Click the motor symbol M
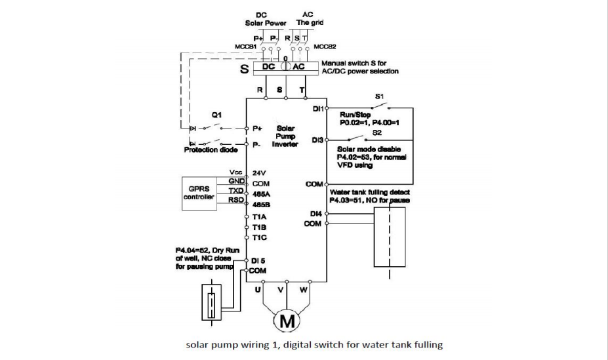[x=285, y=321]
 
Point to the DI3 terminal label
[x=317, y=140]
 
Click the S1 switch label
[x=379, y=96]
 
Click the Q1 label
[x=216, y=113]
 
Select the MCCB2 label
[x=325, y=47]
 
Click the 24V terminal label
[x=258, y=174]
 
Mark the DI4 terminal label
[x=316, y=213]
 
